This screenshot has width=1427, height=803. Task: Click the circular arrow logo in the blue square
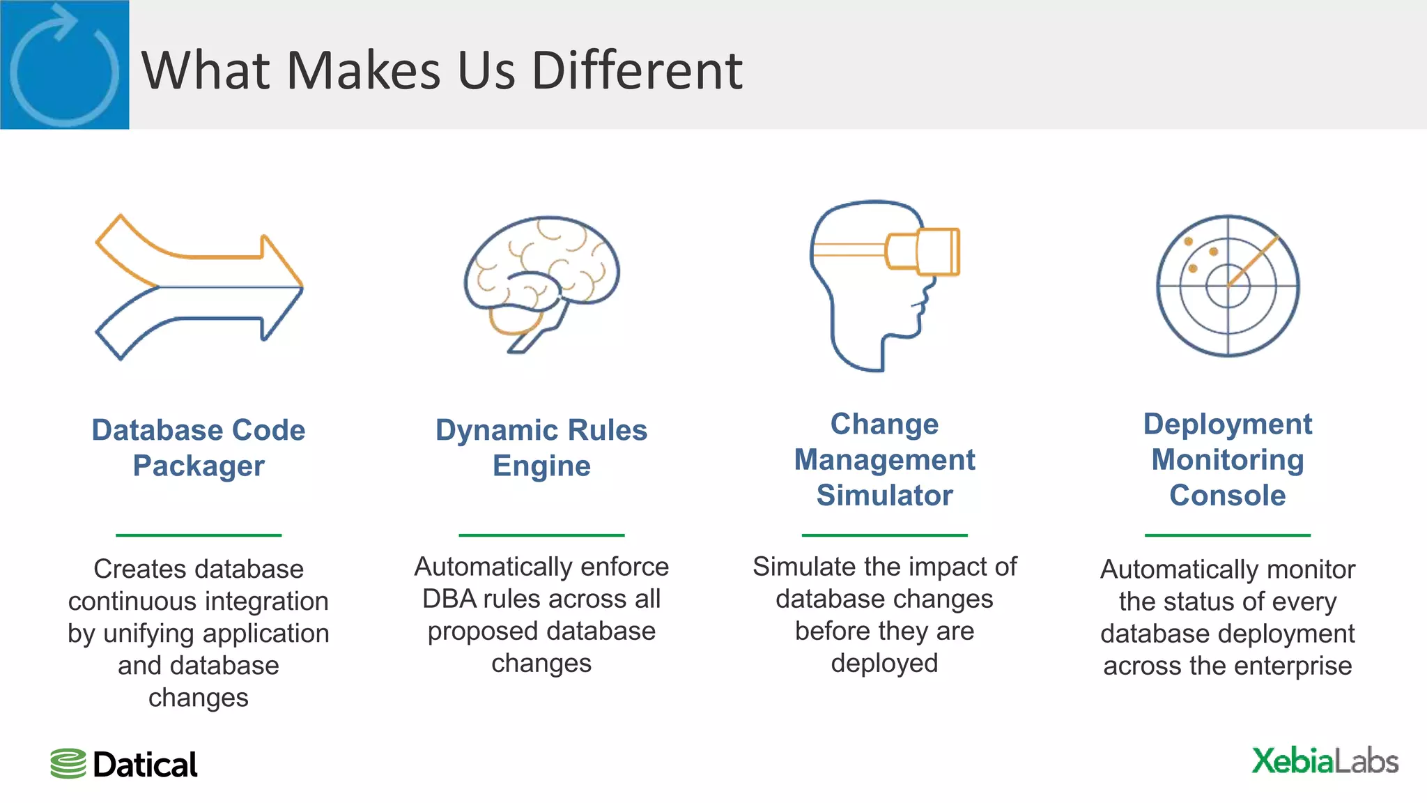pos(64,65)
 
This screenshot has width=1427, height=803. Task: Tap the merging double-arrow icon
pos(199,286)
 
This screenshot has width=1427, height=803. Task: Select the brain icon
pos(542,282)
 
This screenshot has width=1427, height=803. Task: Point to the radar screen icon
pos(1228,286)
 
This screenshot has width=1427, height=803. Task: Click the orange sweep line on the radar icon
pos(1253,261)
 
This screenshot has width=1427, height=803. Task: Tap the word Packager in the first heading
pos(199,466)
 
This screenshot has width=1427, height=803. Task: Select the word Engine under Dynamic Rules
pos(541,466)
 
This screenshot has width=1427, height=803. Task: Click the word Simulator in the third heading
pos(884,496)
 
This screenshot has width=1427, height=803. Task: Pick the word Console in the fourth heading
pos(1227,496)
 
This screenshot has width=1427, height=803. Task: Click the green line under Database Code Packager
pos(199,535)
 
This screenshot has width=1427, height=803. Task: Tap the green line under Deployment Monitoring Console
pos(1227,535)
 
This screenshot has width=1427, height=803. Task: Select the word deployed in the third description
pos(884,664)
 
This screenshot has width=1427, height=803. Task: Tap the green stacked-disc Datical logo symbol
pos(68,764)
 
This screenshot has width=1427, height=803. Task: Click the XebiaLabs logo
pos(1324,761)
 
